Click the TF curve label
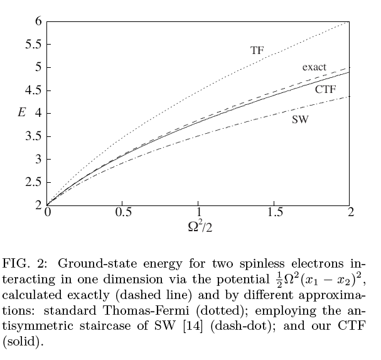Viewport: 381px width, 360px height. tap(257, 50)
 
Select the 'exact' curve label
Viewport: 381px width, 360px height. tap(314, 67)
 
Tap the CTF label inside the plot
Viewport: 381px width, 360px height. tap(325, 89)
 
